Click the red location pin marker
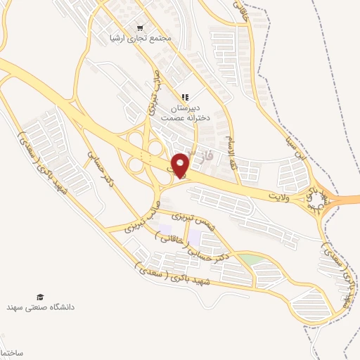[181, 165]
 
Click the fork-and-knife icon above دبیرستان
[184, 97]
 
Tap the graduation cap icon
[40, 297]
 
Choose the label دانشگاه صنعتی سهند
[40, 308]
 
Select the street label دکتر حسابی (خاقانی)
[188, 249]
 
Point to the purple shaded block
[165, 229]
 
